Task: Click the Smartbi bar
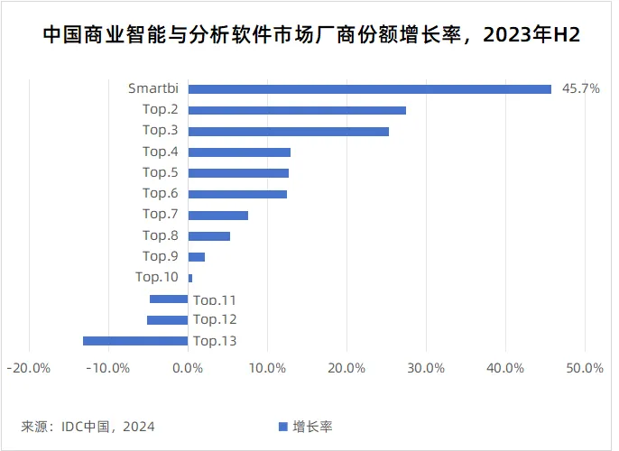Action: coord(369,88)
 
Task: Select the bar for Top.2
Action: coord(297,110)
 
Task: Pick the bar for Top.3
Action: coord(288,131)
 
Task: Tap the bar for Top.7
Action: coord(217,215)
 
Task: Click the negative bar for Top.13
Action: coord(135,341)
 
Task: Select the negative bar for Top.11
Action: coord(169,299)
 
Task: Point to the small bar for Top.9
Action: coord(196,257)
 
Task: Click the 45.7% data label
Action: coord(580,88)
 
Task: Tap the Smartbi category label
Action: coord(152,88)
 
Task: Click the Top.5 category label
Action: coord(160,172)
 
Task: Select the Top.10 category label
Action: coord(156,277)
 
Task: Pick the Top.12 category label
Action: coord(215,319)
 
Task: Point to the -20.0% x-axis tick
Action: coord(28,368)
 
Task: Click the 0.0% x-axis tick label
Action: coord(188,368)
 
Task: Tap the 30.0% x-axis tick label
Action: coord(426,368)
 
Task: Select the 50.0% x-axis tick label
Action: coord(585,368)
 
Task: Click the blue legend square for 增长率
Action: coord(282,426)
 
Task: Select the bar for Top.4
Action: coord(239,152)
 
